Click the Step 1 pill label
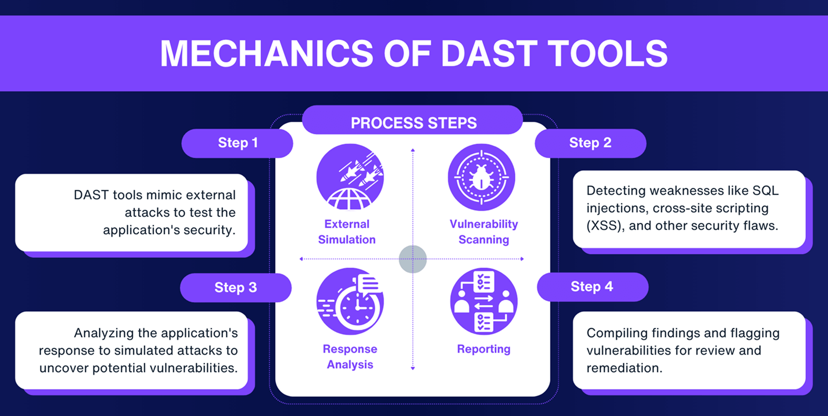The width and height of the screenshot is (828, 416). [x=237, y=143]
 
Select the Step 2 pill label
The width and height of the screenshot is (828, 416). [x=590, y=143]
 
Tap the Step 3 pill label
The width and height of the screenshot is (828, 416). [x=235, y=287]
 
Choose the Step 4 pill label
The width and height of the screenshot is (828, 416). [x=592, y=287]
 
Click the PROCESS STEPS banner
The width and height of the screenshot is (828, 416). [x=414, y=123]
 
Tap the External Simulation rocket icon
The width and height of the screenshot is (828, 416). [x=350, y=177]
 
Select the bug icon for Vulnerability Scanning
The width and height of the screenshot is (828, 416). [x=481, y=177]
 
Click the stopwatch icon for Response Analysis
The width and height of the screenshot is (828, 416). [x=350, y=302]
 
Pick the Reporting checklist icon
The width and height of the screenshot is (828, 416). [x=484, y=302]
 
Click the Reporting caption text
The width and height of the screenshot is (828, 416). [x=484, y=349]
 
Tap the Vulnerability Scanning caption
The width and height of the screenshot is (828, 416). [x=484, y=232]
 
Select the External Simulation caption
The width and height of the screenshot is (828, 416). [x=347, y=232]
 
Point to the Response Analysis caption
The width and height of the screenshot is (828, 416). [x=350, y=357]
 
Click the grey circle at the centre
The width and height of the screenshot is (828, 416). [x=413, y=259]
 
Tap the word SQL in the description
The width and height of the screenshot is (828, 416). [x=765, y=191]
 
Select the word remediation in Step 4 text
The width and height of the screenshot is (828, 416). [x=624, y=368]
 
